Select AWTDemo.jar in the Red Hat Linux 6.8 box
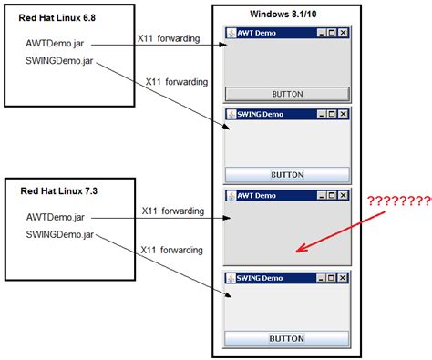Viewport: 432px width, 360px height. click(56, 43)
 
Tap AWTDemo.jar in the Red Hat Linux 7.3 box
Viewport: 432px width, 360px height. click(56, 217)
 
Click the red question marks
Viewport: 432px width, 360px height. click(399, 201)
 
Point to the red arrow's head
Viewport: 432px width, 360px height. click(297, 248)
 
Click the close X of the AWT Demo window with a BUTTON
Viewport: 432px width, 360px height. click(343, 33)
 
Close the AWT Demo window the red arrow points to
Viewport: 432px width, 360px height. click(343, 195)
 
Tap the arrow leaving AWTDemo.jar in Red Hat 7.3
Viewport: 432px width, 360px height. click(159, 219)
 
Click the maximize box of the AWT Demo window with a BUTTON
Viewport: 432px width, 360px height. click(331, 33)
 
